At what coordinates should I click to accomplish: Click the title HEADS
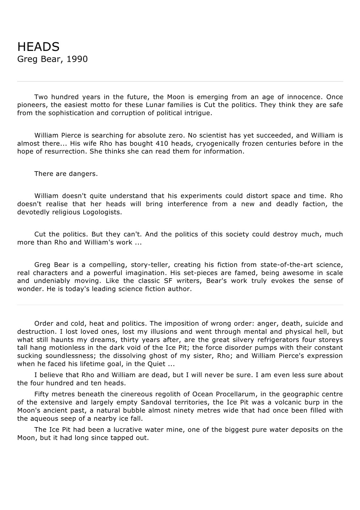(38, 47)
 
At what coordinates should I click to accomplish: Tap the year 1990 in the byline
(77, 59)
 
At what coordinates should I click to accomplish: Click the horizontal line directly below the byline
(180, 82)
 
